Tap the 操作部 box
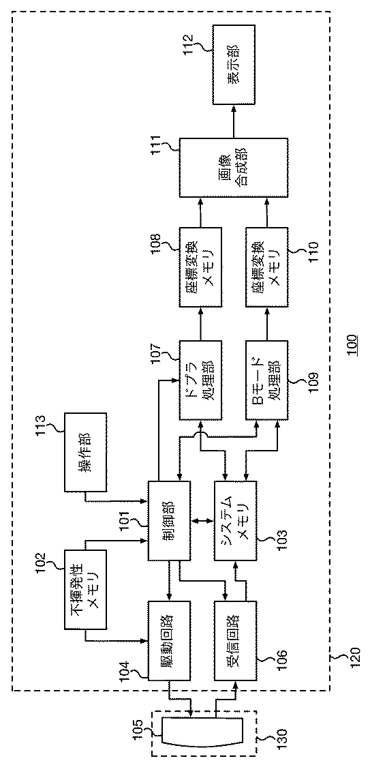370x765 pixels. [x=85, y=451]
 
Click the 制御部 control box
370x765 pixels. [x=168, y=521]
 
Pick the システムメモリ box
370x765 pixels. [x=235, y=521]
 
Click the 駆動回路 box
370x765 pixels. [x=168, y=641]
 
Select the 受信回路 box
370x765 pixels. [x=235, y=641]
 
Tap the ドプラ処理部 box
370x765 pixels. [x=200, y=380]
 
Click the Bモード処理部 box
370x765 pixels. [x=267, y=380]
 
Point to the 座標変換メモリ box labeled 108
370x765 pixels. [x=200, y=267]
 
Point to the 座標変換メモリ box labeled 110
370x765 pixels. [x=267, y=267]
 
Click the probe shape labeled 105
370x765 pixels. [x=186, y=730]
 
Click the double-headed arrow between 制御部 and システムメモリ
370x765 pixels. [x=201, y=521]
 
